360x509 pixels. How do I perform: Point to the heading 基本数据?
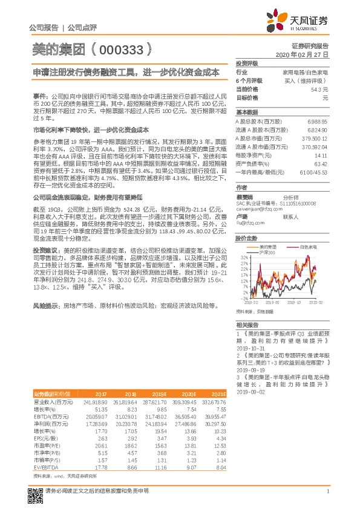tap(246, 112)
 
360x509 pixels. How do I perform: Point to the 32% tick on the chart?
tap(244, 258)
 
